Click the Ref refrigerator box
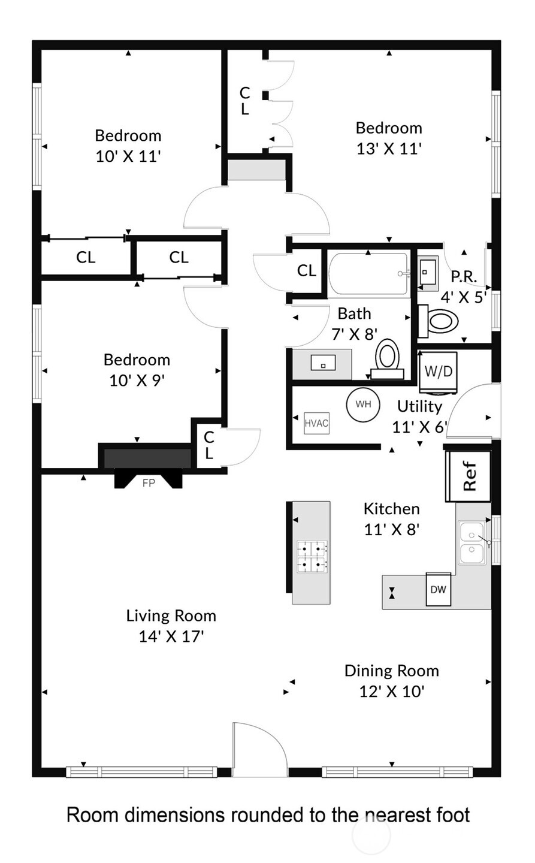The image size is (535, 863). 468,476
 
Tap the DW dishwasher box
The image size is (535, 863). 438,589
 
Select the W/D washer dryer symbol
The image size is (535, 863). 437,372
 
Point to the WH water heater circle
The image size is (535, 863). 363,405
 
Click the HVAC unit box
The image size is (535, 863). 316,423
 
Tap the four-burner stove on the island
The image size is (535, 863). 312,556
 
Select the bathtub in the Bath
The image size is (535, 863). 368,274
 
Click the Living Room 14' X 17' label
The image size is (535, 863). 171,626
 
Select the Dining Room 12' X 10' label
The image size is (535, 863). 391,680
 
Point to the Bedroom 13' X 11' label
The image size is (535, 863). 389,138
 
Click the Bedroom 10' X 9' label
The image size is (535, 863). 137,370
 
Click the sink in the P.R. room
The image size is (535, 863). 427,272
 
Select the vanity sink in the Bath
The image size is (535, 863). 322,363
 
